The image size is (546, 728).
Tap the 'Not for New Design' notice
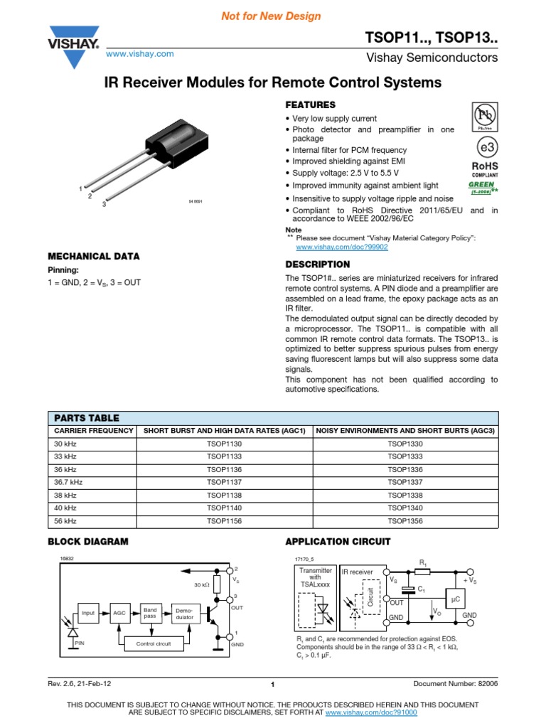(x=273, y=16)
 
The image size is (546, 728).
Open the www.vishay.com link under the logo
(x=140, y=54)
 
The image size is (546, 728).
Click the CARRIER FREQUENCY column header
(x=94, y=430)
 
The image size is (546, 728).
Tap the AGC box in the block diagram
(x=119, y=612)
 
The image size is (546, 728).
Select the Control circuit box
(x=153, y=643)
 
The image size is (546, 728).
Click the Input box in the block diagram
(x=88, y=612)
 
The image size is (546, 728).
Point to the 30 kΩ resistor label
(x=203, y=584)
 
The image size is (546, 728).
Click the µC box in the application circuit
(x=455, y=599)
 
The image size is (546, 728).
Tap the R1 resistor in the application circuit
(x=422, y=570)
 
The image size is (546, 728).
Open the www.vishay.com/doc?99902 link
(x=342, y=247)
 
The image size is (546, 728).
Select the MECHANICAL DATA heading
(x=93, y=256)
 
